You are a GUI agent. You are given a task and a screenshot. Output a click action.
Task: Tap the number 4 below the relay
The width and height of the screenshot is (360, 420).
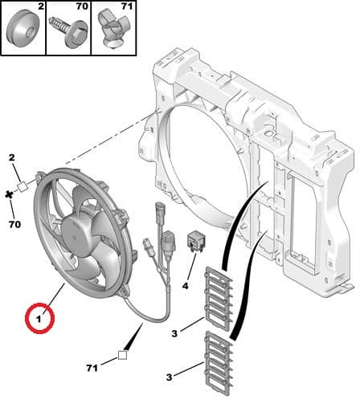185,285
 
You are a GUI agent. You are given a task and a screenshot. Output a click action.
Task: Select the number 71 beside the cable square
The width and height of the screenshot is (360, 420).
92,368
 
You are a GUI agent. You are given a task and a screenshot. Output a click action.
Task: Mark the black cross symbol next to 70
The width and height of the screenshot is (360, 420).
9,194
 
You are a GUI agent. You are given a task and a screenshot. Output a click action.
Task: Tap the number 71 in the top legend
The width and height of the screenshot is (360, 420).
126,7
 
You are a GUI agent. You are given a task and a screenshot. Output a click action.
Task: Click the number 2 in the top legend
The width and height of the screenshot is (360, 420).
39,7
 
